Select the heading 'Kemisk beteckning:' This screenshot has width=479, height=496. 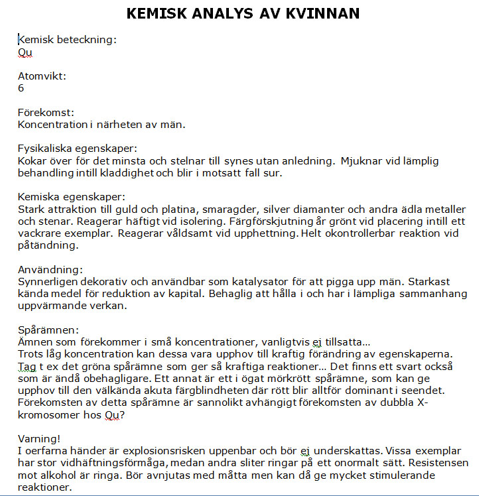(67, 40)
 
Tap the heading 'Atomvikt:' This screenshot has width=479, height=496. (42, 76)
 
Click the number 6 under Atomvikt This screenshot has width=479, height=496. (21, 88)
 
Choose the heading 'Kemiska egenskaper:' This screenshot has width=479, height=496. (71, 197)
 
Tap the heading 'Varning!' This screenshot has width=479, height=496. (39, 438)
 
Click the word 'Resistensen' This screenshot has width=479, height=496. (440, 462)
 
